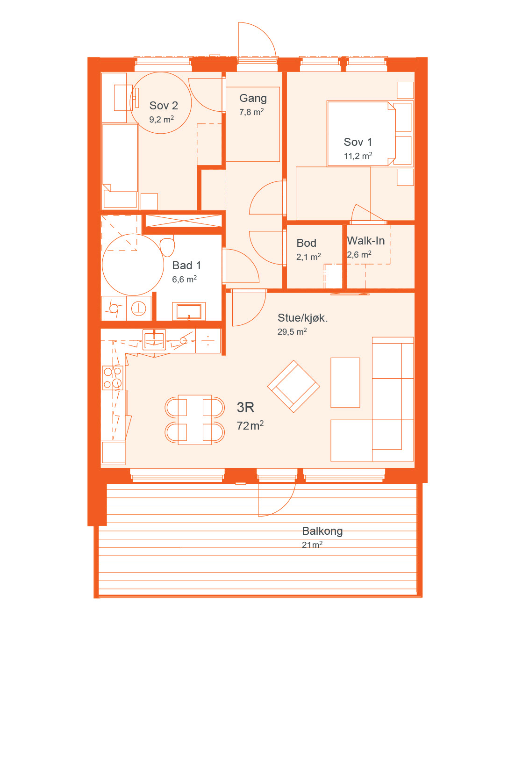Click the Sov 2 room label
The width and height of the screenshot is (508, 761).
click(163, 106)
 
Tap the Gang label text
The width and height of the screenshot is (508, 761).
click(253, 99)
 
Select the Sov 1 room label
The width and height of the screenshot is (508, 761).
click(358, 142)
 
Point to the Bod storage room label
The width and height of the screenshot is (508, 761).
click(306, 243)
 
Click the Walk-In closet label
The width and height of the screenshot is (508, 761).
click(366, 241)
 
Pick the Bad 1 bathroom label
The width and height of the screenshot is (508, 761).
click(186, 266)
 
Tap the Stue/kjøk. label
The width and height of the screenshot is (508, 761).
click(302, 318)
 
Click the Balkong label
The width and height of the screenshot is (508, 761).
click(322, 531)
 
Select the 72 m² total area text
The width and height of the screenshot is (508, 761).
click(250, 425)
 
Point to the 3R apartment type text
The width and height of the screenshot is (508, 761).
click(245, 407)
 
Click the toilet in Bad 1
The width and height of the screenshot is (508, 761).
click(167, 245)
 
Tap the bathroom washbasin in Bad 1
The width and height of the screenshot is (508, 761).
click(189, 311)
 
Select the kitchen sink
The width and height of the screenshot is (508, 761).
click(154, 339)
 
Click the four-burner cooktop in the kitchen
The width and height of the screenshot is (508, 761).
click(113, 378)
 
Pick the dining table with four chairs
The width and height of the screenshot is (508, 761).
click(194, 420)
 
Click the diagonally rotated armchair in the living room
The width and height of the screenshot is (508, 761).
click(294, 387)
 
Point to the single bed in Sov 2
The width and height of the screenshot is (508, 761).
click(120, 166)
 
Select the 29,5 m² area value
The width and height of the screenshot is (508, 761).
click(292, 331)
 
